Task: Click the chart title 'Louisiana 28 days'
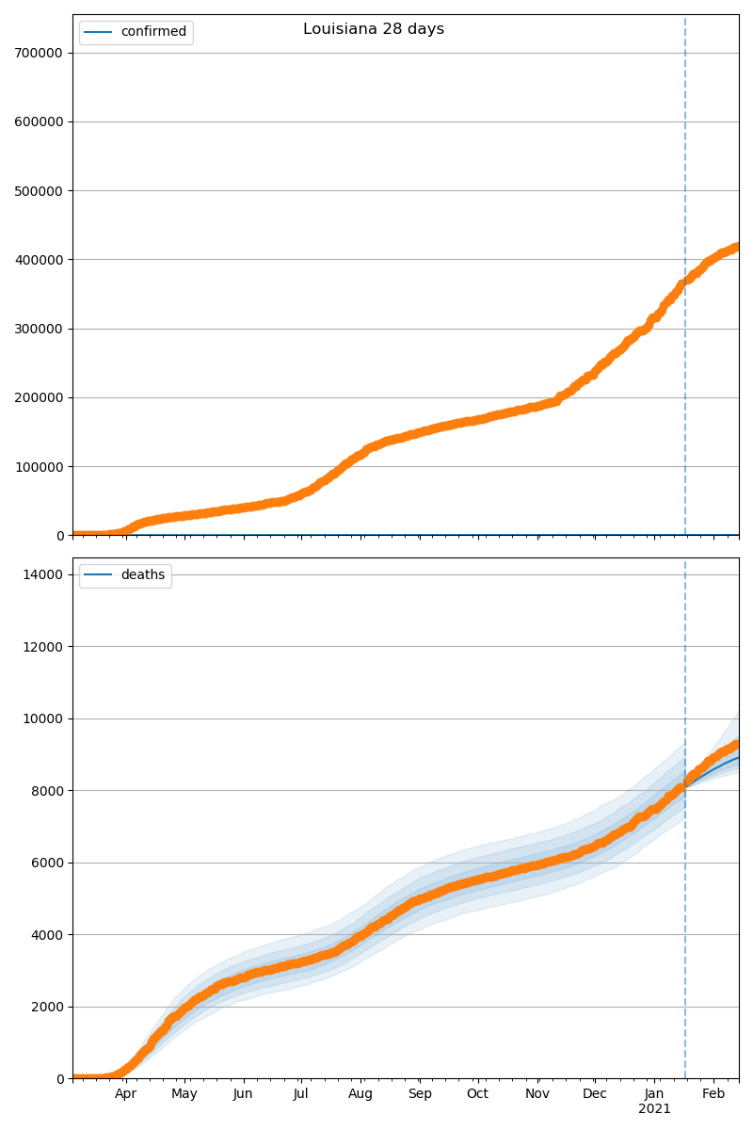pyautogui.click(x=374, y=29)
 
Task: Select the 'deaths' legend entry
pyautogui.click(x=142, y=575)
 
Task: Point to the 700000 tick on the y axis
pyautogui.click(x=39, y=53)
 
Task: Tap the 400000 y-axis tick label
pyautogui.click(x=39, y=260)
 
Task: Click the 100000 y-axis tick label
pyautogui.click(x=39, y=467)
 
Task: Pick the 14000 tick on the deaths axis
pyautogui.click(x=42, y=574)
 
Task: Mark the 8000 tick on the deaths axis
pyautogui.click(x=46, y=791)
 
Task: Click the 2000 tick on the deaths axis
pyautogui.click(x=46, y=1007)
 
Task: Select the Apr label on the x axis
pyautogui.click(x=126, y=1094)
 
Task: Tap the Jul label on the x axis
pyautogui.click(x=301, y=1094)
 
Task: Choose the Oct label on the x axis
pyautogui.click(x=478, y=1094)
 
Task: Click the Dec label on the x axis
pyautogui.click(x=595, y=1094)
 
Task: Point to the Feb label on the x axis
pyautogui.click(x=713, y=1094)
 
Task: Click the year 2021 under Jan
pyautogui.click(x=654, y=1109)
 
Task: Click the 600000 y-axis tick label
pyautogui.click(x=39, y=121)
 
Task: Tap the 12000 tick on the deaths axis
pyautogui.click(x=42, y=647)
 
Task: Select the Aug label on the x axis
pyautogui.click(x=360, y=1094)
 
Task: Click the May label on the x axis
pyautogui.click(x=184, y=1094)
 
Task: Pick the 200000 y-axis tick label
pyautogui.click(x=39, y=397)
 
